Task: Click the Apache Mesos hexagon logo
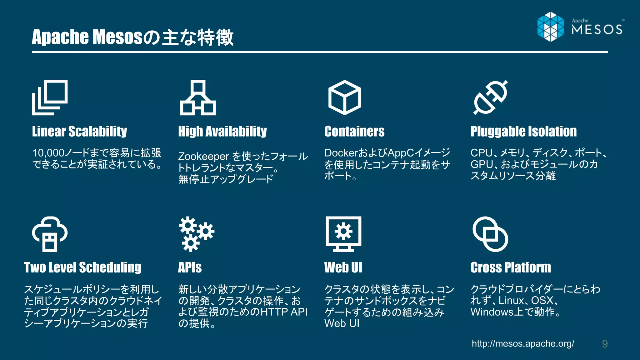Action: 551,27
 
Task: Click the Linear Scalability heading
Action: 79,132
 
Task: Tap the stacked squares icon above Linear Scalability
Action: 50,97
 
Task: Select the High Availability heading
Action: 222,132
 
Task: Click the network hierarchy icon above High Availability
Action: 198,97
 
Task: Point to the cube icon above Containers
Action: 344,97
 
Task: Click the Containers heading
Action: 354,132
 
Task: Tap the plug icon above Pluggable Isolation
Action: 491,97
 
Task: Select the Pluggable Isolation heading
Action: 523,132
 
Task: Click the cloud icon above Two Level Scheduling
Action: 50,234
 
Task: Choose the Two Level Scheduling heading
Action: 82,268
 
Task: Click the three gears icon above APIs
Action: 196,234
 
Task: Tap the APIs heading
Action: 190,268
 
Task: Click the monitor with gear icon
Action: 343,234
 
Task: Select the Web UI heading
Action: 343,268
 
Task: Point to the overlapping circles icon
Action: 490,234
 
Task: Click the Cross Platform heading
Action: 511,268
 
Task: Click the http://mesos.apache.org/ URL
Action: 523,344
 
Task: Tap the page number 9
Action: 605,344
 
